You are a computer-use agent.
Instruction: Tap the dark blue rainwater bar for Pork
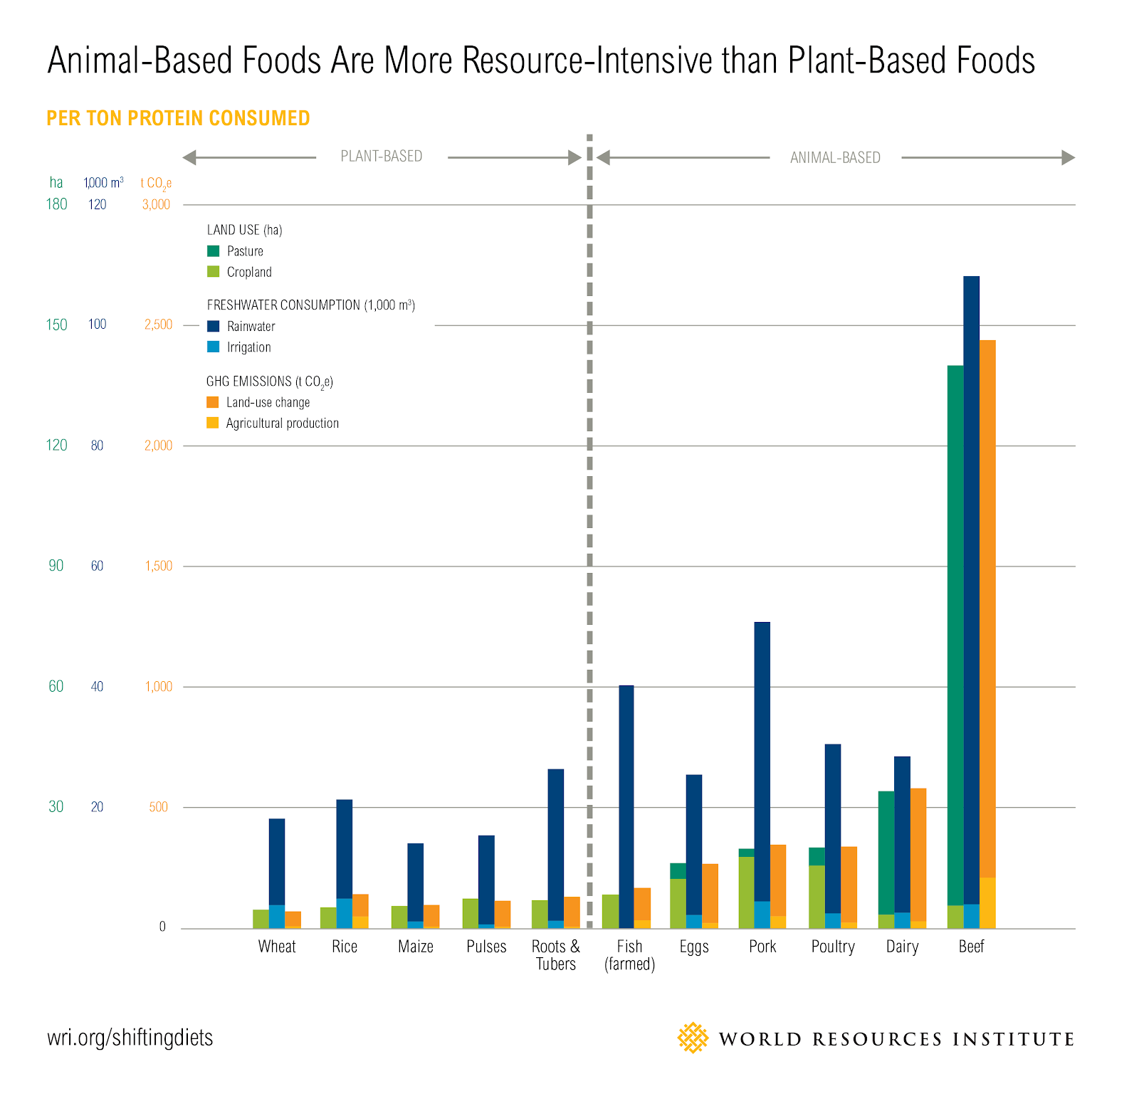pos(762,762)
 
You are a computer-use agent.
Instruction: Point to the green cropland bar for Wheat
pos(261,919)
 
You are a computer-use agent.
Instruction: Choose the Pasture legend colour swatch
pos(213,251)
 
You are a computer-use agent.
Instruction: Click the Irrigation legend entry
pos(248,347)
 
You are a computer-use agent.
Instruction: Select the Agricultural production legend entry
pos(282,423)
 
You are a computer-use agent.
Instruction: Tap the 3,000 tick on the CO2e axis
pos(156,205)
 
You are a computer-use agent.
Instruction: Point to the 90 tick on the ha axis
pos(56,566)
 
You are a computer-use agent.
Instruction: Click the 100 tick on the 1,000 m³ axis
pos(98,325)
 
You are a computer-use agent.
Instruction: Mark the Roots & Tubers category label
pos(556,955)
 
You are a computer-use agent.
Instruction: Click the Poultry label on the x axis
pos(833,947)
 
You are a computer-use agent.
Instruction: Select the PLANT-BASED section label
pos(382,157)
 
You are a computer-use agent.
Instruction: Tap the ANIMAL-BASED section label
pos(835,158)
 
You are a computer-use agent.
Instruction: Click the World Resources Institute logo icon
pos(693,1038)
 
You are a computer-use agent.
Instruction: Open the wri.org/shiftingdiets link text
pos(130,1038)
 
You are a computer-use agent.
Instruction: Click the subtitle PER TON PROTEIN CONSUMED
pos(178,118)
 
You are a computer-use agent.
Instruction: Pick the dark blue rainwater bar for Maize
pos(415,882)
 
